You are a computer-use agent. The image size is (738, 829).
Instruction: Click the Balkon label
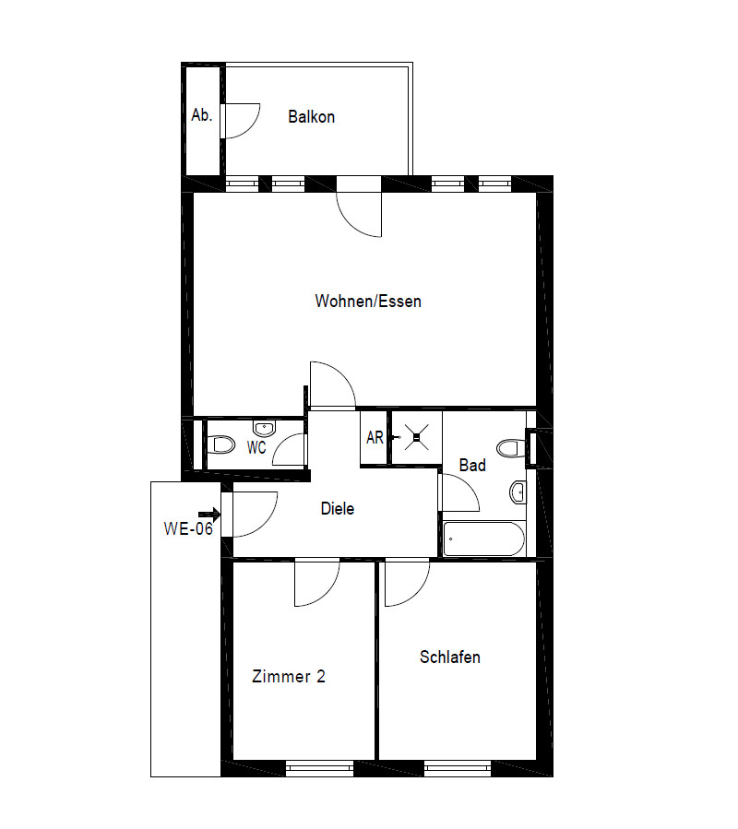311,117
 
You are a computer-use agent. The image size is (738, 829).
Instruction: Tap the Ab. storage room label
201,116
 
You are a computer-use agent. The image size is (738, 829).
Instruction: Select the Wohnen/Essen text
368,302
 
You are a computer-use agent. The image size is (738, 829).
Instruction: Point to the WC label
256,448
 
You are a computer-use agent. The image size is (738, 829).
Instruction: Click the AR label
375,438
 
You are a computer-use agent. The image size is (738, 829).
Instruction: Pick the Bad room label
472,466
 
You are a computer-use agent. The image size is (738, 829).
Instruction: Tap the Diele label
338,508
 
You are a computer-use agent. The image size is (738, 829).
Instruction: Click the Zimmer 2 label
289,676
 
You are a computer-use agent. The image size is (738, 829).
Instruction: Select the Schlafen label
450,657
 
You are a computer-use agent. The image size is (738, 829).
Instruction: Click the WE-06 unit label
188,528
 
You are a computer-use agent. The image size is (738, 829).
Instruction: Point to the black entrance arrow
209,515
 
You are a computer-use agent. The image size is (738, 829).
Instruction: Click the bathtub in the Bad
483,539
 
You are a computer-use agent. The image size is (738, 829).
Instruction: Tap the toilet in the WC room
221,445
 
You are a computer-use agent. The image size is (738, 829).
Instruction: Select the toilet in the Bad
509,448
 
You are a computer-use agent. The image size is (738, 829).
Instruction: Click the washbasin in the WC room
265,429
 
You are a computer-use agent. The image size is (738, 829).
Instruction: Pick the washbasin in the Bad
518,491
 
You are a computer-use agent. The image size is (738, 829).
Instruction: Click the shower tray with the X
414,438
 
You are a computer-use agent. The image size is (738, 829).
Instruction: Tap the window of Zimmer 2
319,767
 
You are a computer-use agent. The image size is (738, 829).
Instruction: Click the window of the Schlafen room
458,767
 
